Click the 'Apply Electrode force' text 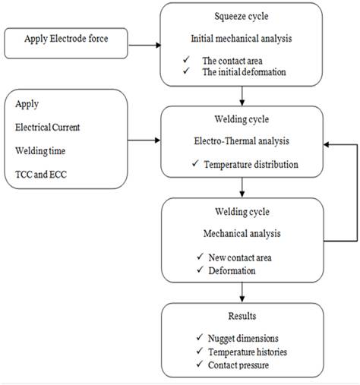coord(66,39)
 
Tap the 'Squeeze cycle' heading coord(242,17)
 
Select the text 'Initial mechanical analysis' coord(242,39)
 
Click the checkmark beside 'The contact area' coord(186,60)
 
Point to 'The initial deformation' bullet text coord(244,72)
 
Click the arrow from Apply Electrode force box coord(144,46)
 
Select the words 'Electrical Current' coord(48,127)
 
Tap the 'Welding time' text coord(40,151)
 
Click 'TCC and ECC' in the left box coord(41,175)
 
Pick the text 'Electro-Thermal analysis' coord(242,141)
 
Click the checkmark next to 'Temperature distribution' coord(195,163)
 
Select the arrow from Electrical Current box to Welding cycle coord(144,140)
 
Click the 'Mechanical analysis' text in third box coord(242,233)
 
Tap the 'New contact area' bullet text coord(240,257)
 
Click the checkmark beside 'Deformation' coord(200,270)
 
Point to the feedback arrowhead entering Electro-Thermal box coord(327,144)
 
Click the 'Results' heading coord(242,316)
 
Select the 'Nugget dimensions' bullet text coord(243,339)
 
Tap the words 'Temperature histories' coord(248,352)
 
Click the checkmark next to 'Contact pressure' coord(200,364)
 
